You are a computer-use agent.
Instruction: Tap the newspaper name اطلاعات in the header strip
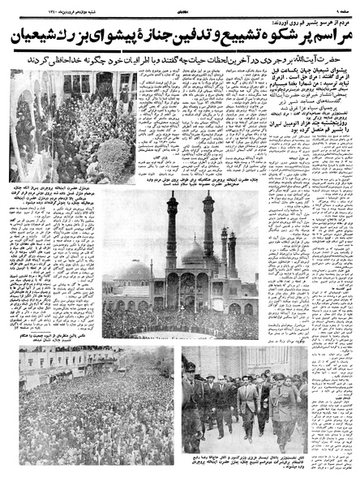(x=179, y=9)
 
